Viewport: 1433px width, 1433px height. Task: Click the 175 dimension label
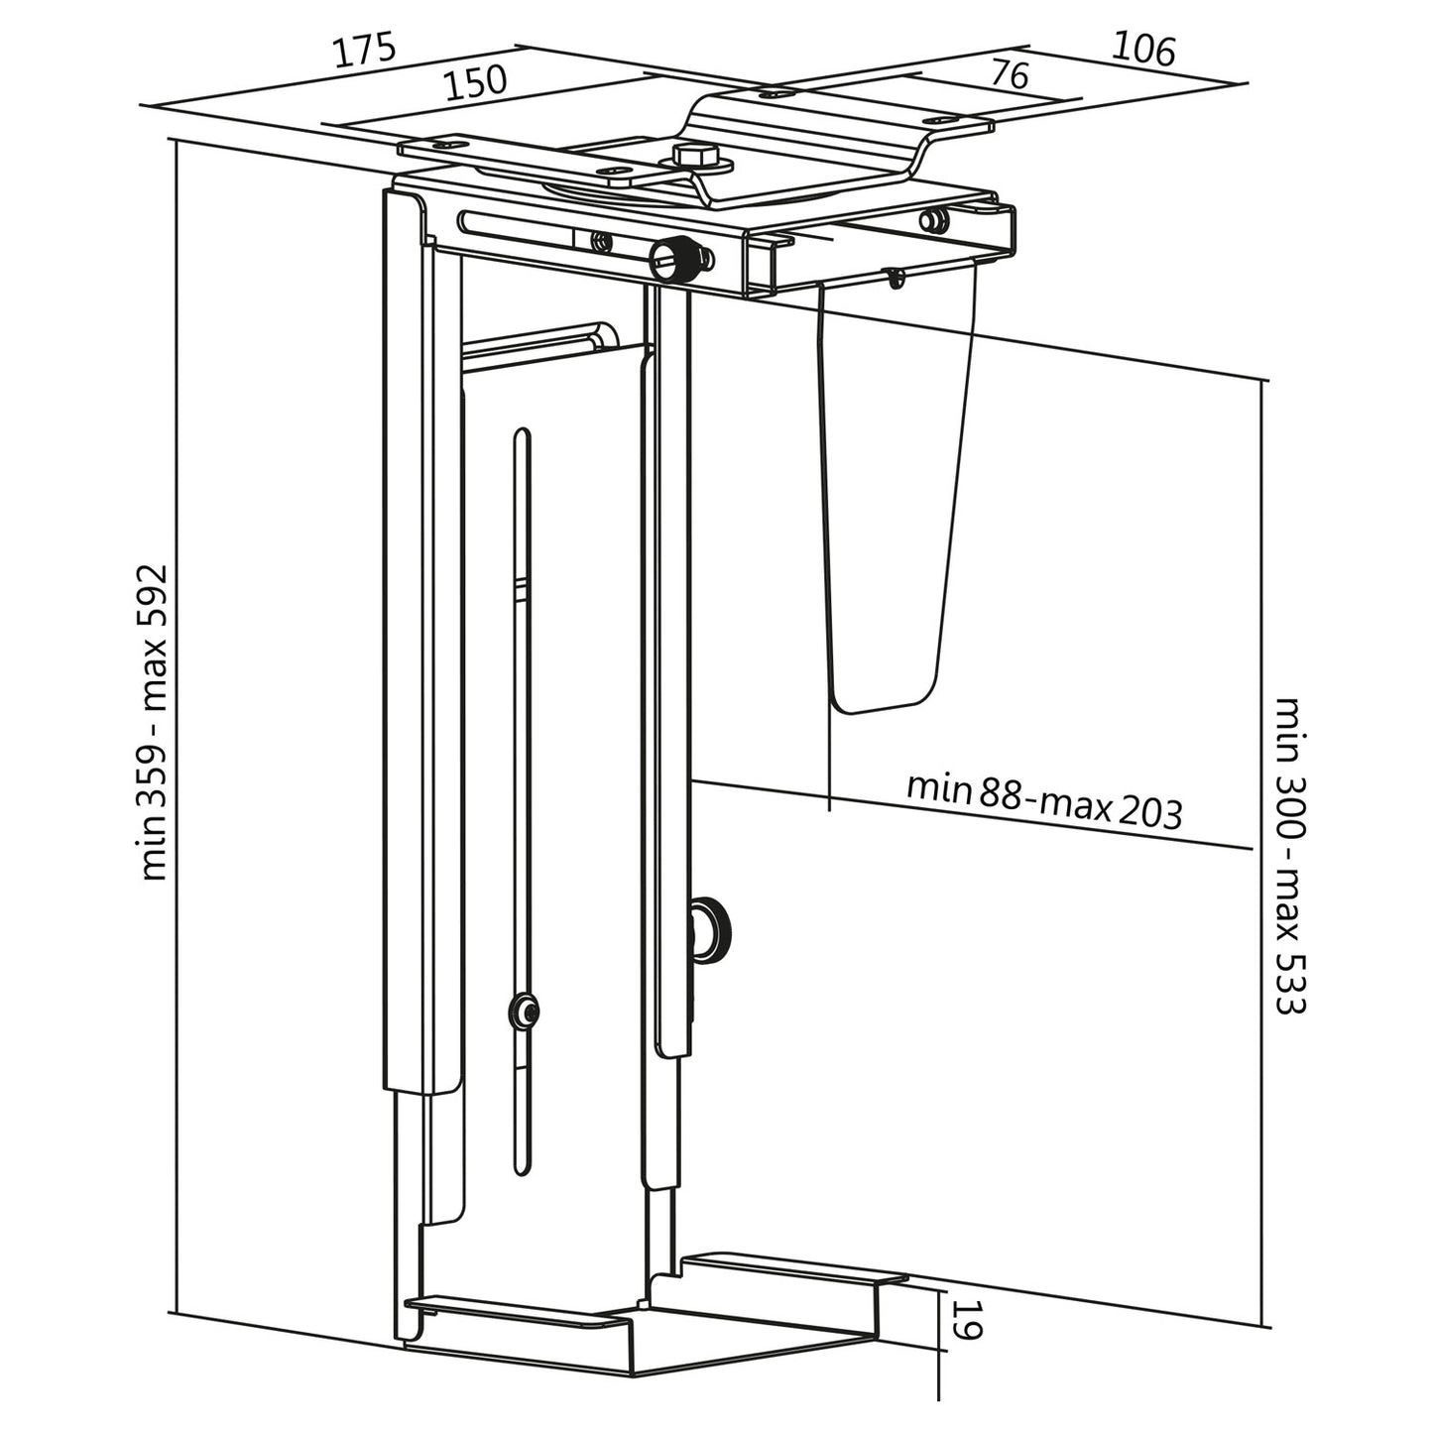pyautogui.click(x=364, y=52)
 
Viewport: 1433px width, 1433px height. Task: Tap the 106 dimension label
pyautogui.click(x=1142, y=49)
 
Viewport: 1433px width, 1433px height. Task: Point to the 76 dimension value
pyautogui.click(x=1010, y=75)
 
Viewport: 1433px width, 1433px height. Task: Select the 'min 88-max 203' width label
pyautogui.click(x=1044, y=799)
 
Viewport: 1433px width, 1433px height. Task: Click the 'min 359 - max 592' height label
pyautogui.click(x=158, y=722)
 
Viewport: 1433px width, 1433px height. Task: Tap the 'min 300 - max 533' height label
pyautogui.click(x=1289, y=855)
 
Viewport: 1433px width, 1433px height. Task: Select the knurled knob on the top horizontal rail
pyautogui.click(x=669, y=260)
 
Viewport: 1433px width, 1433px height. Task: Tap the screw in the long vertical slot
pyautogui.click(x=524, y=1013)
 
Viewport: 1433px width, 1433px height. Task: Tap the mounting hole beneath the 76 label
pyautogui.click(x=774, y=94)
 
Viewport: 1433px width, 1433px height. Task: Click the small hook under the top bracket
pyautogui.click(x=896, y=279)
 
